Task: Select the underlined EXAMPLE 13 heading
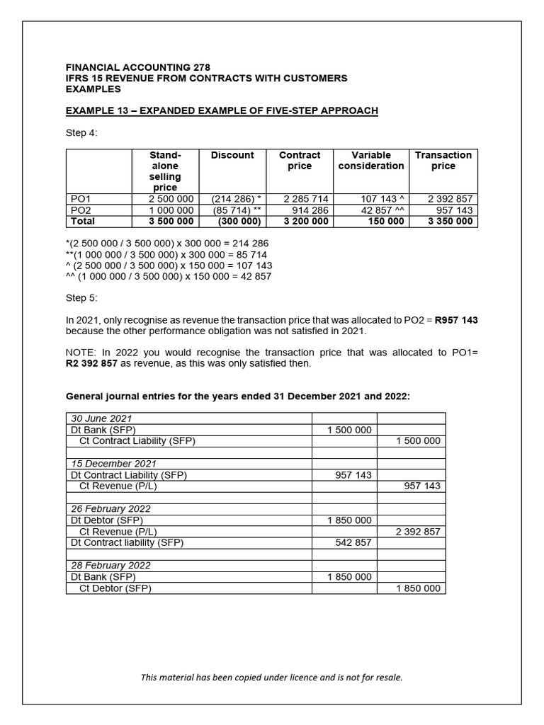(222, 111)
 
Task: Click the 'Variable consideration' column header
(371, 161)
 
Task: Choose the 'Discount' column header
(232, 156)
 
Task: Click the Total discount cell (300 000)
(237, 222)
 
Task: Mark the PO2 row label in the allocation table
(82, 210)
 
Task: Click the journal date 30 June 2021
(101, 418)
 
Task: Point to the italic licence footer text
(271, 678)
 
